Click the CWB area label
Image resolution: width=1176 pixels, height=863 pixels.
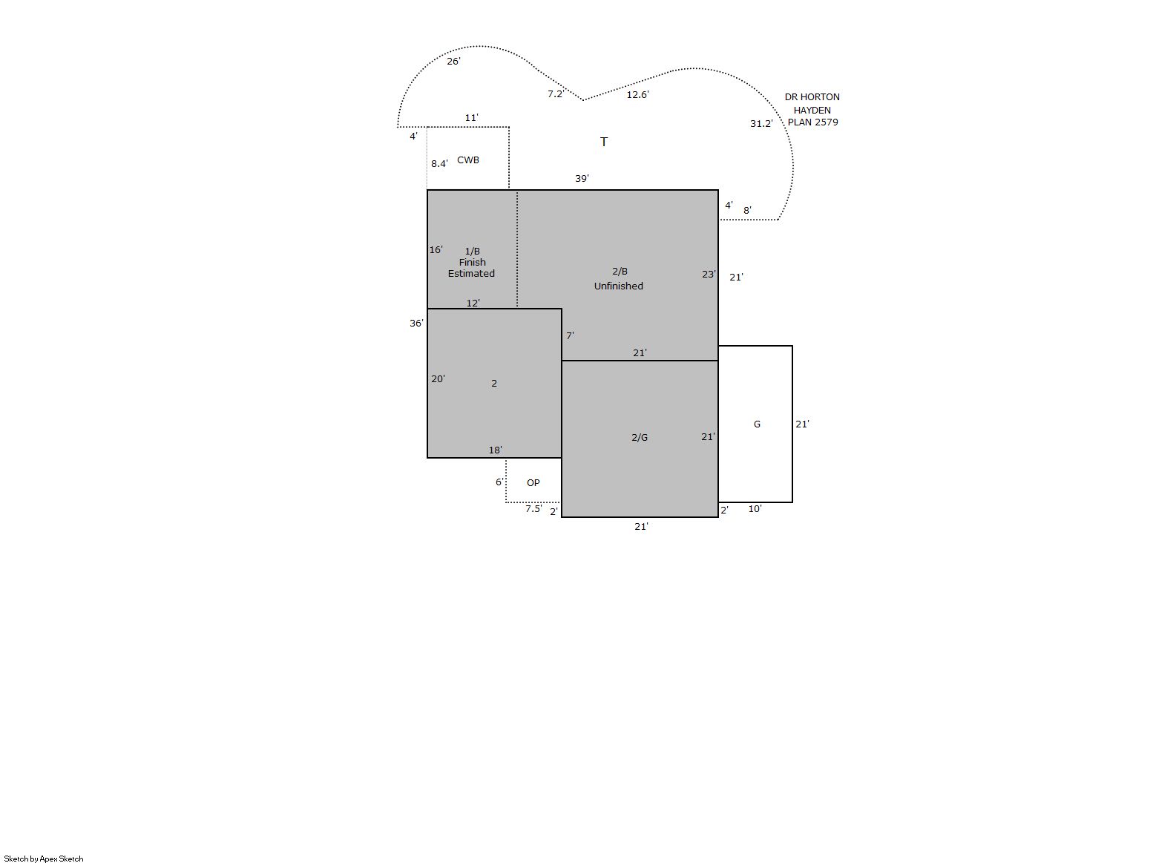[467, 160]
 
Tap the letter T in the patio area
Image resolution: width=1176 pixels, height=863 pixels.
[604, 142]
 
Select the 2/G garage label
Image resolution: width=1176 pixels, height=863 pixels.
[640, 437]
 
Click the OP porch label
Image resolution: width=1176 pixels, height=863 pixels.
[533, 483]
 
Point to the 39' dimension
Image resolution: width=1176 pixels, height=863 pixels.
[582, 179]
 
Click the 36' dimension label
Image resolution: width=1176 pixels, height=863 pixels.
[416, 324]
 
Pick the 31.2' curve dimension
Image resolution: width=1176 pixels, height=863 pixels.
[761, 124]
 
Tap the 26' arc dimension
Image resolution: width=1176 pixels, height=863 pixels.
[453, 62]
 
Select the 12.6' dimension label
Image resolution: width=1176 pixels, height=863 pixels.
[638, 94]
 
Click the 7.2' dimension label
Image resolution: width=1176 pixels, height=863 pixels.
[556, 94]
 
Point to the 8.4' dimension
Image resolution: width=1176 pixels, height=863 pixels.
[439, 164]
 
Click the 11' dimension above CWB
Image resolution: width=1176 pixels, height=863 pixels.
[471, 117]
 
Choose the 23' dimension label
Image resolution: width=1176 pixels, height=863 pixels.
[709, 274]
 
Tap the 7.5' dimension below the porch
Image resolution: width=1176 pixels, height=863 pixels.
[533, 508]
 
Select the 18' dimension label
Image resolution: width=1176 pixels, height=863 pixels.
[495, 450]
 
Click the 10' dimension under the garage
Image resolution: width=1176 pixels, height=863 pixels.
[755, 508]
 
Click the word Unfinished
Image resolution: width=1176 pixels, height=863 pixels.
[619, 286]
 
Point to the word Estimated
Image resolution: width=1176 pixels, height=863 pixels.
[471, 274]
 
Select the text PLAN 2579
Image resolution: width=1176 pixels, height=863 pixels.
[812, 122]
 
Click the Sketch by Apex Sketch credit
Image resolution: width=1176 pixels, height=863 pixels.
[44, 859]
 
